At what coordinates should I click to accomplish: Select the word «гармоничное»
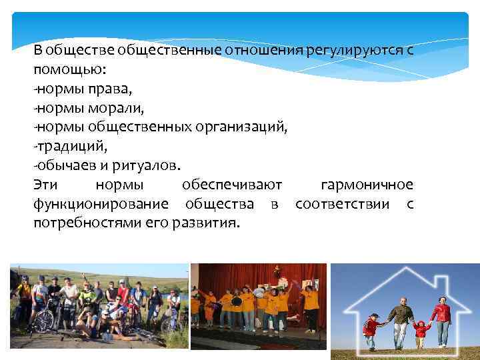pos(367,184)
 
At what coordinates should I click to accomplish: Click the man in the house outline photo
pos(400,320)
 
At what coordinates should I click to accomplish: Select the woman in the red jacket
pos(441,320)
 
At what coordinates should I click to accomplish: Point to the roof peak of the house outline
pos(405,268)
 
